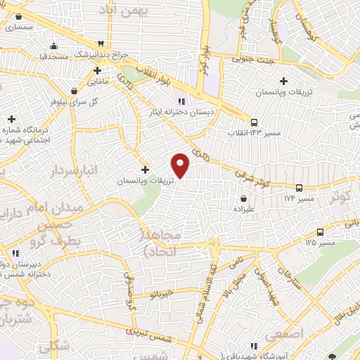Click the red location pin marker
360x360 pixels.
pos(181,165)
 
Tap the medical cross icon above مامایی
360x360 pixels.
pos(97,71)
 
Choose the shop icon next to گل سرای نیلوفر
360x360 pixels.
pos(74,90)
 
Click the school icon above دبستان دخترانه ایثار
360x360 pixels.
pos(181,99)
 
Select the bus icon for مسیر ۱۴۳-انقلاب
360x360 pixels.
pos(254,120)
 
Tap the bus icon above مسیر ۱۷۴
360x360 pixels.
pos(300,188)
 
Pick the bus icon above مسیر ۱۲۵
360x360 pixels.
pos(321,232)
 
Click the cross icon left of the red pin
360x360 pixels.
pos(146,169)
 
